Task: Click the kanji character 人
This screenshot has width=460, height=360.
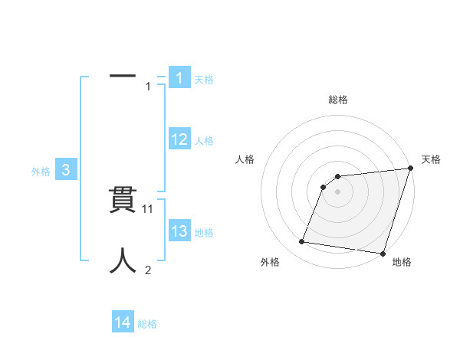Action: tap(123, 260)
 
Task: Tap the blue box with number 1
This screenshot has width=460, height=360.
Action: tap(179, 77)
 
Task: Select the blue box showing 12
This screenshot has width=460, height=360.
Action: tap(179, 139)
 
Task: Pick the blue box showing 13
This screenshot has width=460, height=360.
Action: tap(179, 231)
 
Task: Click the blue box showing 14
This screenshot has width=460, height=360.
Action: tap(123, 322)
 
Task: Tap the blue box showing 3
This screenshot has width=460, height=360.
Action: tap(66, 171)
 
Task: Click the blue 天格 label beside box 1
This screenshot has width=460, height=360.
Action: tap(204, 79)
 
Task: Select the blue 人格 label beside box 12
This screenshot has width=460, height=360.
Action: tap(204, 141)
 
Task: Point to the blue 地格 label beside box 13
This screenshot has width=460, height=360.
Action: tap(204, 233)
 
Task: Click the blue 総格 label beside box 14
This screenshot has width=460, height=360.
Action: tap(147, 324)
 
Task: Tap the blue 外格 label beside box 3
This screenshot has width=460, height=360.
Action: tap(41, 172)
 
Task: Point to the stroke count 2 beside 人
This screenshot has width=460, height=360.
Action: tap(148, 270)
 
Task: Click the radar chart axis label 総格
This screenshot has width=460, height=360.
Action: tap(338, 100)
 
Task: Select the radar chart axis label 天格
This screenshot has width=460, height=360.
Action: tap(431, 159)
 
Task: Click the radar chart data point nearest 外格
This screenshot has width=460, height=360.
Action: tap(302, 242)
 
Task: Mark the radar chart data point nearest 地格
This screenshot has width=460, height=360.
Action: tap(382, 254)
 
